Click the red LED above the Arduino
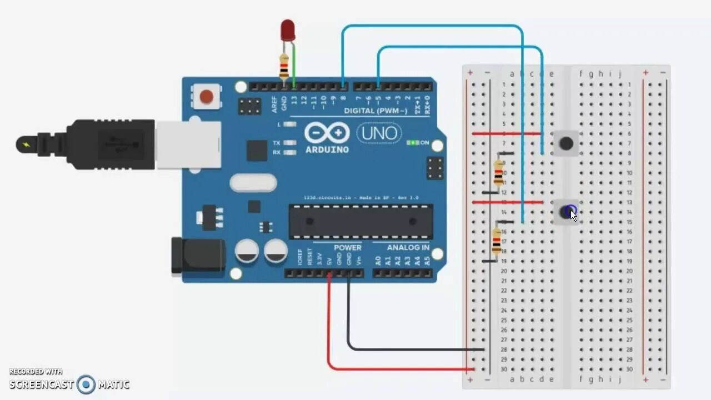pos(287,30)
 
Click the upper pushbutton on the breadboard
pos(566,143)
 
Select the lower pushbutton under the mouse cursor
pos(566,212)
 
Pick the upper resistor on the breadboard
pos(498,173)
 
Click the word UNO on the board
pos(379,133)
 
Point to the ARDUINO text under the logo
pos(327,149)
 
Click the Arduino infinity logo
pos(327,133)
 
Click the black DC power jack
pos(198,256)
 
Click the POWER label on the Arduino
pos(347,247)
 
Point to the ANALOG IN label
pos(408,247)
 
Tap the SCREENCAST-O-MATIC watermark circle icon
pos(86,384)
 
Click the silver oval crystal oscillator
pos(253,183)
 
